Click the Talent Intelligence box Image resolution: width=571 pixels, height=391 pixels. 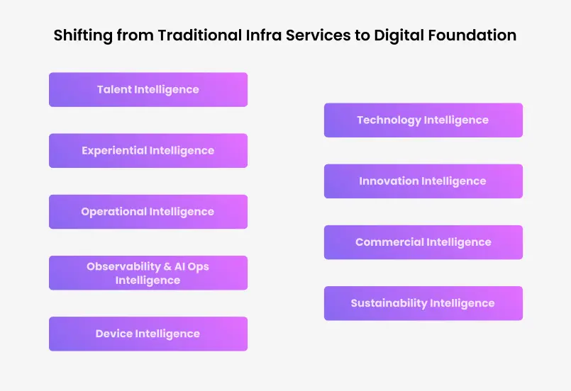pyautogui.click(x=148, y=89)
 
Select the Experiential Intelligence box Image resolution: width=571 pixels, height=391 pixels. pyautogui.click(x=148, y=151)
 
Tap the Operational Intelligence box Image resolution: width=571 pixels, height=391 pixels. pyautogui.click(x=148, y=212)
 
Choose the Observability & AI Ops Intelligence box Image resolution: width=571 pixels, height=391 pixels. pyautogui.click(x=148, y=273)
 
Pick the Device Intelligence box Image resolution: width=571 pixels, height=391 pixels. pyautogui.click(x=148, y=334)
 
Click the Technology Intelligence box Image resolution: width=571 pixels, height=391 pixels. pyautogui.click(x=423, y=120)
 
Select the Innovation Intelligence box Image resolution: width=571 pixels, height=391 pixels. pyautogui.click(x=423, y=181)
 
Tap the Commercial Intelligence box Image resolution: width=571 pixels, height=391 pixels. pyautogui.click(x=423, y=242)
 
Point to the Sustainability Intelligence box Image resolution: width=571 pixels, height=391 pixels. pyautogui.click(x=423, y=303)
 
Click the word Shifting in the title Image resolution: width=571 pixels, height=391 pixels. pyautogui.click(x=83, y=35)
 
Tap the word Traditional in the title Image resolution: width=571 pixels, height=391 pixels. pyautogui.click(x=200, y=35)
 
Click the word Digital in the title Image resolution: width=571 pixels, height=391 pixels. pyautogui.click(x=399, y=35)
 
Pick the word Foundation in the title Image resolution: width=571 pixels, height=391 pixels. pyautogui.click(x=472, y=35)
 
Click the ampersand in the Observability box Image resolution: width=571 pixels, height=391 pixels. pyautogui.click(x=167, y=266)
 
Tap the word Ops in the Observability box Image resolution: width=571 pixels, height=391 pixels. pyautogui.click(x=198, y=267)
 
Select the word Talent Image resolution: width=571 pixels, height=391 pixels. pyautogui.click(x=114, y=89)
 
